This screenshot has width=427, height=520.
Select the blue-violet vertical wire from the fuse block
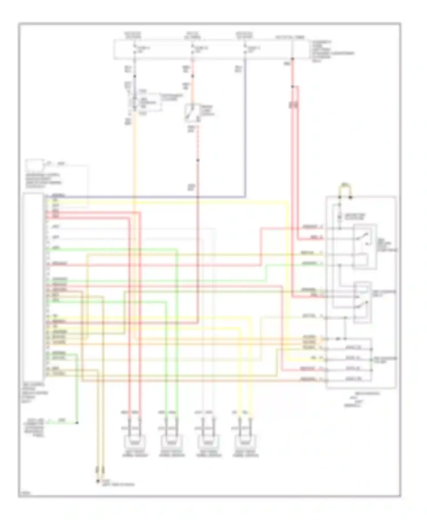coord(245,128)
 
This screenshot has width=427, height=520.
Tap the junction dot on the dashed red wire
coord(198,161)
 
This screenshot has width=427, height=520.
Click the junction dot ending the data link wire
coord(77,423)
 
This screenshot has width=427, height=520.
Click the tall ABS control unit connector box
coord(34,284)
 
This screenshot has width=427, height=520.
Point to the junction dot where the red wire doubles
coord(292,86)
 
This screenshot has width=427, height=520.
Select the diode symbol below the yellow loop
coord(340,217)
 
